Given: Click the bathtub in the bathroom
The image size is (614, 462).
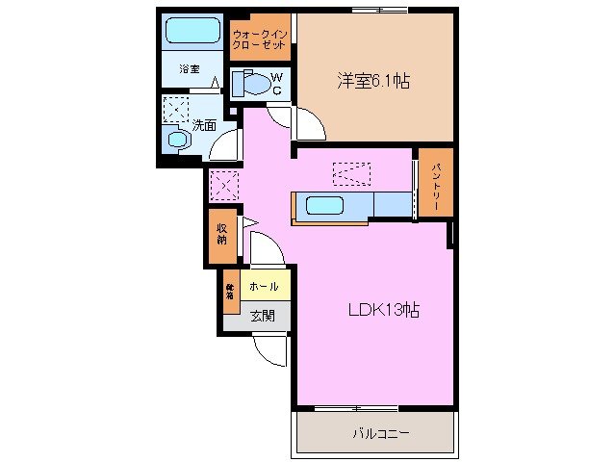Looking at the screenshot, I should click(x=193, y=31).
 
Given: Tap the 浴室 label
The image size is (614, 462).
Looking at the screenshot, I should click(x=190, y=69).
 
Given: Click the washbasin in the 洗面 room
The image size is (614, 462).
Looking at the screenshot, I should click(x=178, y=140).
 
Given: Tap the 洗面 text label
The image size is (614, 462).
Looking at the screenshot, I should click(x=203, y=124).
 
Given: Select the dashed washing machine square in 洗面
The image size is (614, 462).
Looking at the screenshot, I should click(x=175, y=109).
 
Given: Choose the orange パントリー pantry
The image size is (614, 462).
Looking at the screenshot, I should click(x=435, y=182).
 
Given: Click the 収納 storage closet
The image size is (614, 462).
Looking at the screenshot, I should click(x=221, y=234).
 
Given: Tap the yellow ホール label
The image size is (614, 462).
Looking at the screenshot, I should click(x=264, y=287).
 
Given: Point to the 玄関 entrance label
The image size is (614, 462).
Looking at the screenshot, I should click(x=263, y=315).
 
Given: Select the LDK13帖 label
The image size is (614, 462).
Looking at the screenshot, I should click(x=381, y=311).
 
